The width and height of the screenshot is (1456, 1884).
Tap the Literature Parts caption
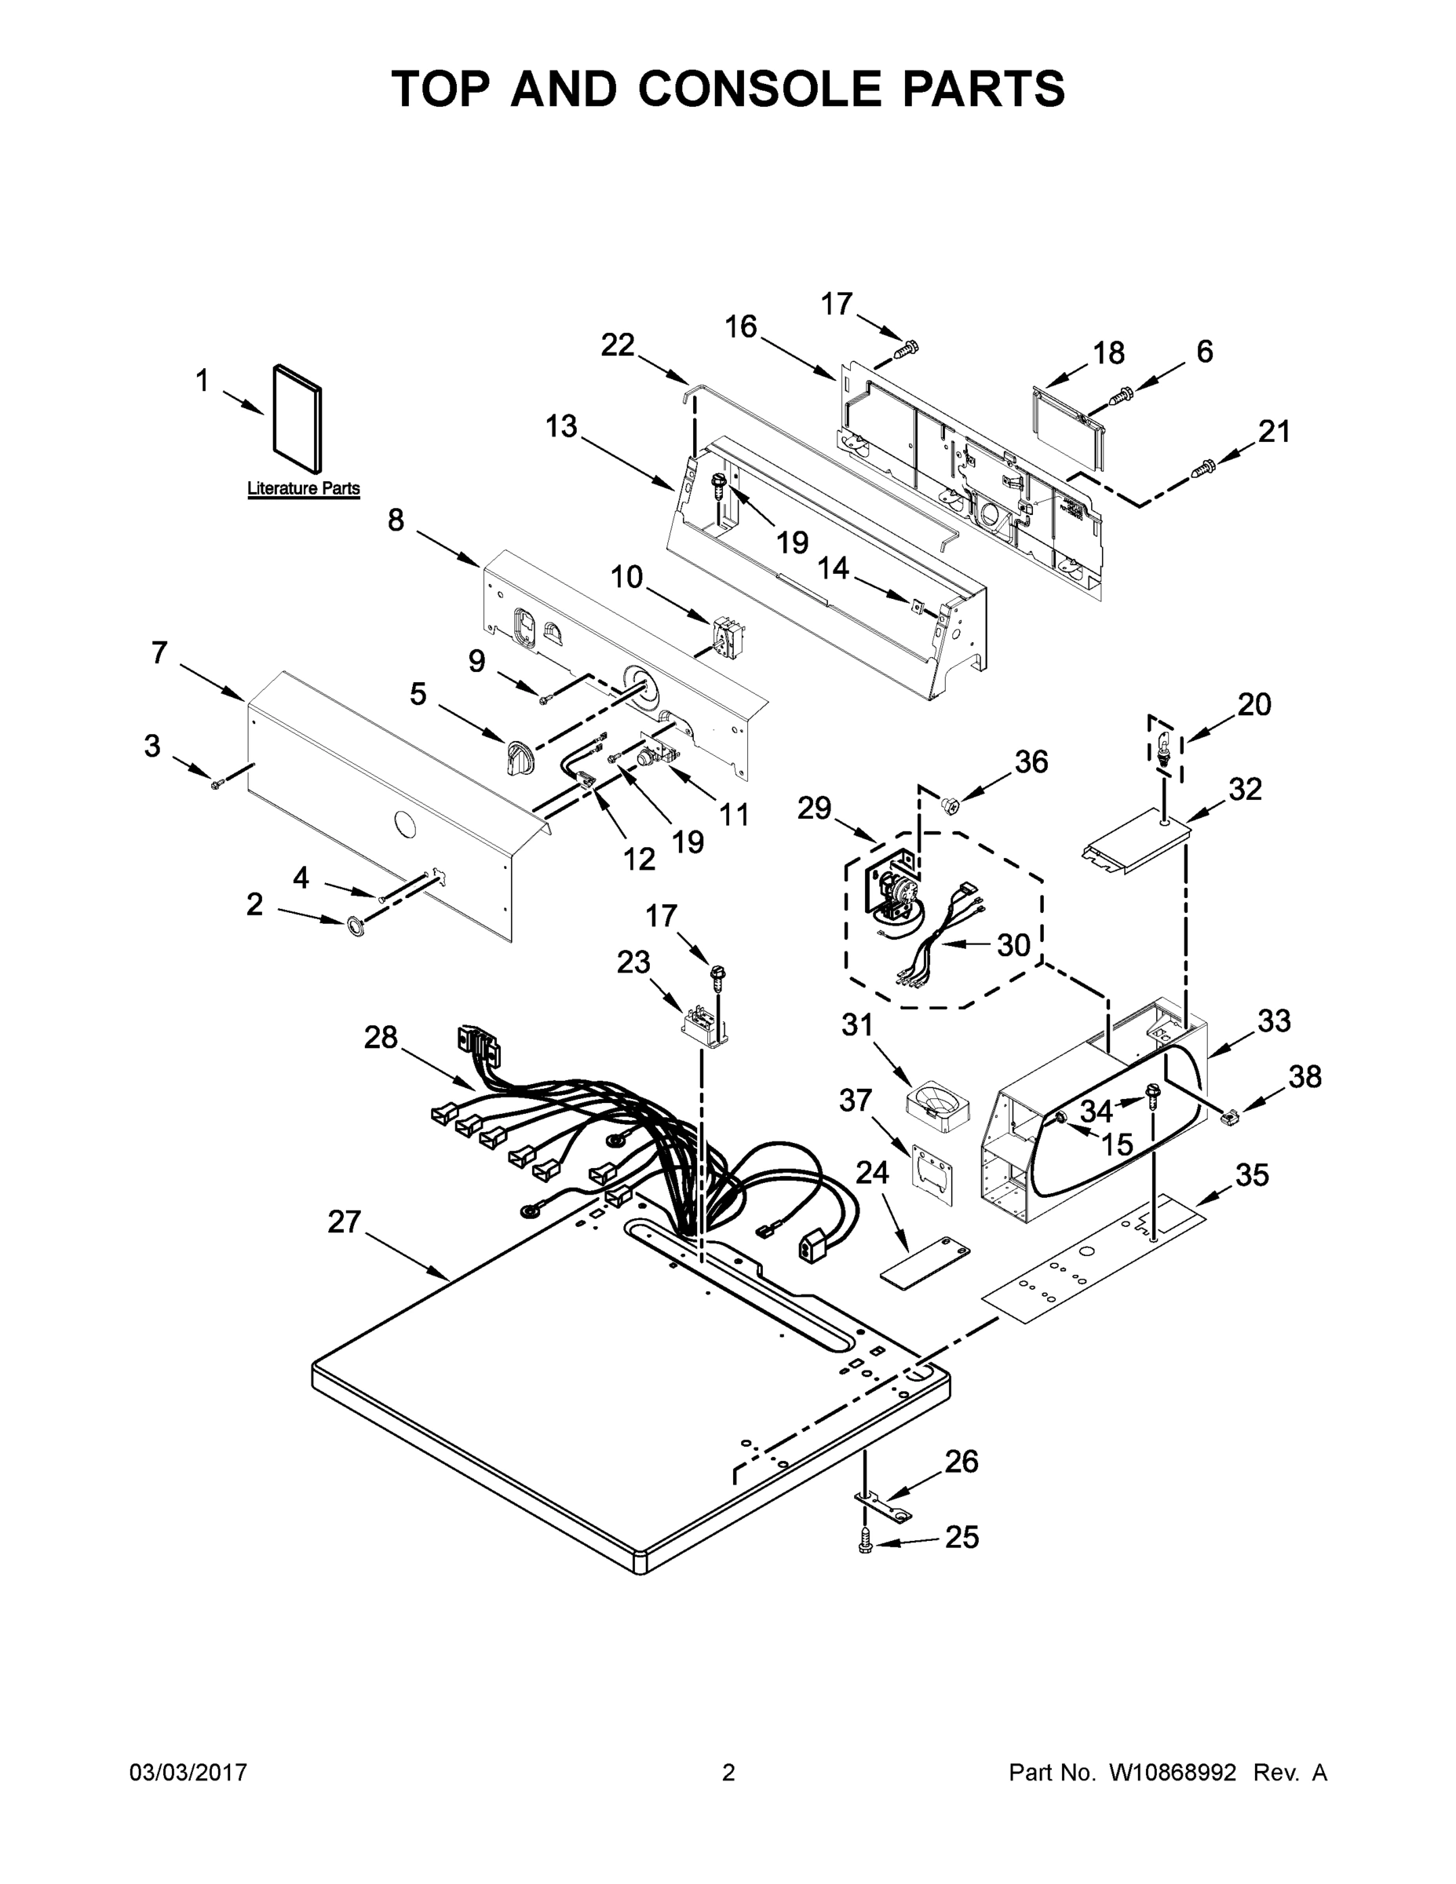pos(303,488)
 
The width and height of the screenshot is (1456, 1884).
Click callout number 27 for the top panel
pos(343,1222)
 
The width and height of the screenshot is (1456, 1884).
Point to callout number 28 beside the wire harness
pos(381,1037)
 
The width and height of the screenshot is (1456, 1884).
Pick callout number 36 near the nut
pos(1031,761)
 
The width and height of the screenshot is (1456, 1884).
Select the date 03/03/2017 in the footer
pos(188,1773)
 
